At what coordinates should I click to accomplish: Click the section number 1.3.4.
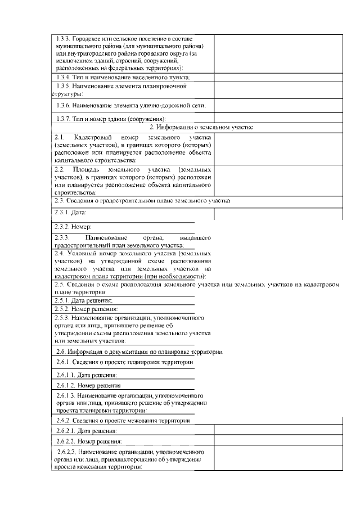[x=64, y=76]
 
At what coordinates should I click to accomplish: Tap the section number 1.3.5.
[x=65, y=87]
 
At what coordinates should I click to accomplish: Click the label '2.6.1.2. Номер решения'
[x=88, y=385]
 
